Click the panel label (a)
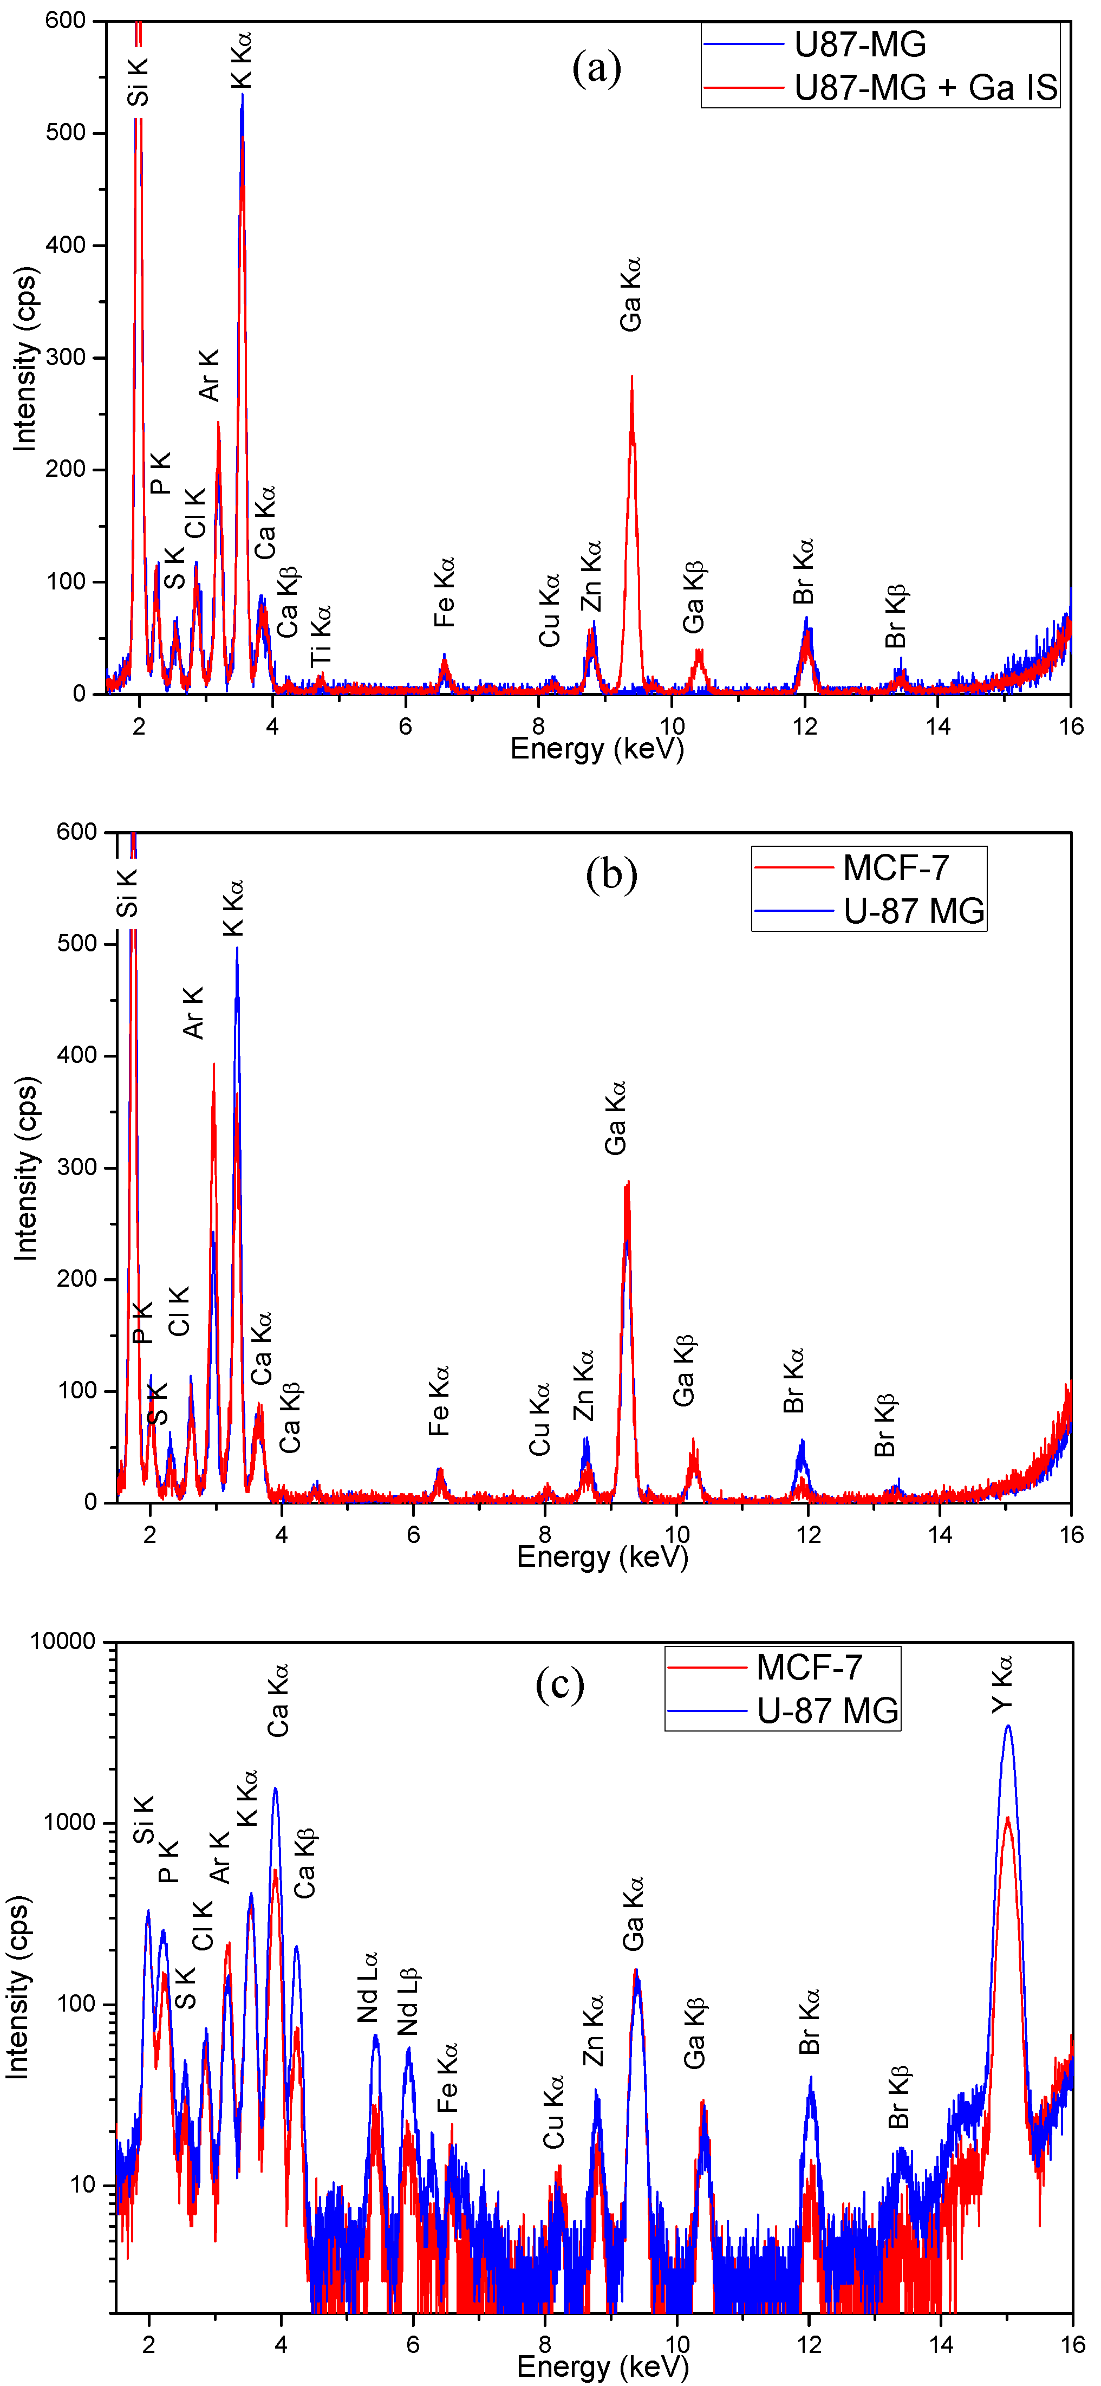[x=596, y=68]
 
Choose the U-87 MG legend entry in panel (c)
[x=827, y=1710]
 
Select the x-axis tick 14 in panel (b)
[x=940, y=1536]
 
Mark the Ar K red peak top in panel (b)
[x=214, y=1064]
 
